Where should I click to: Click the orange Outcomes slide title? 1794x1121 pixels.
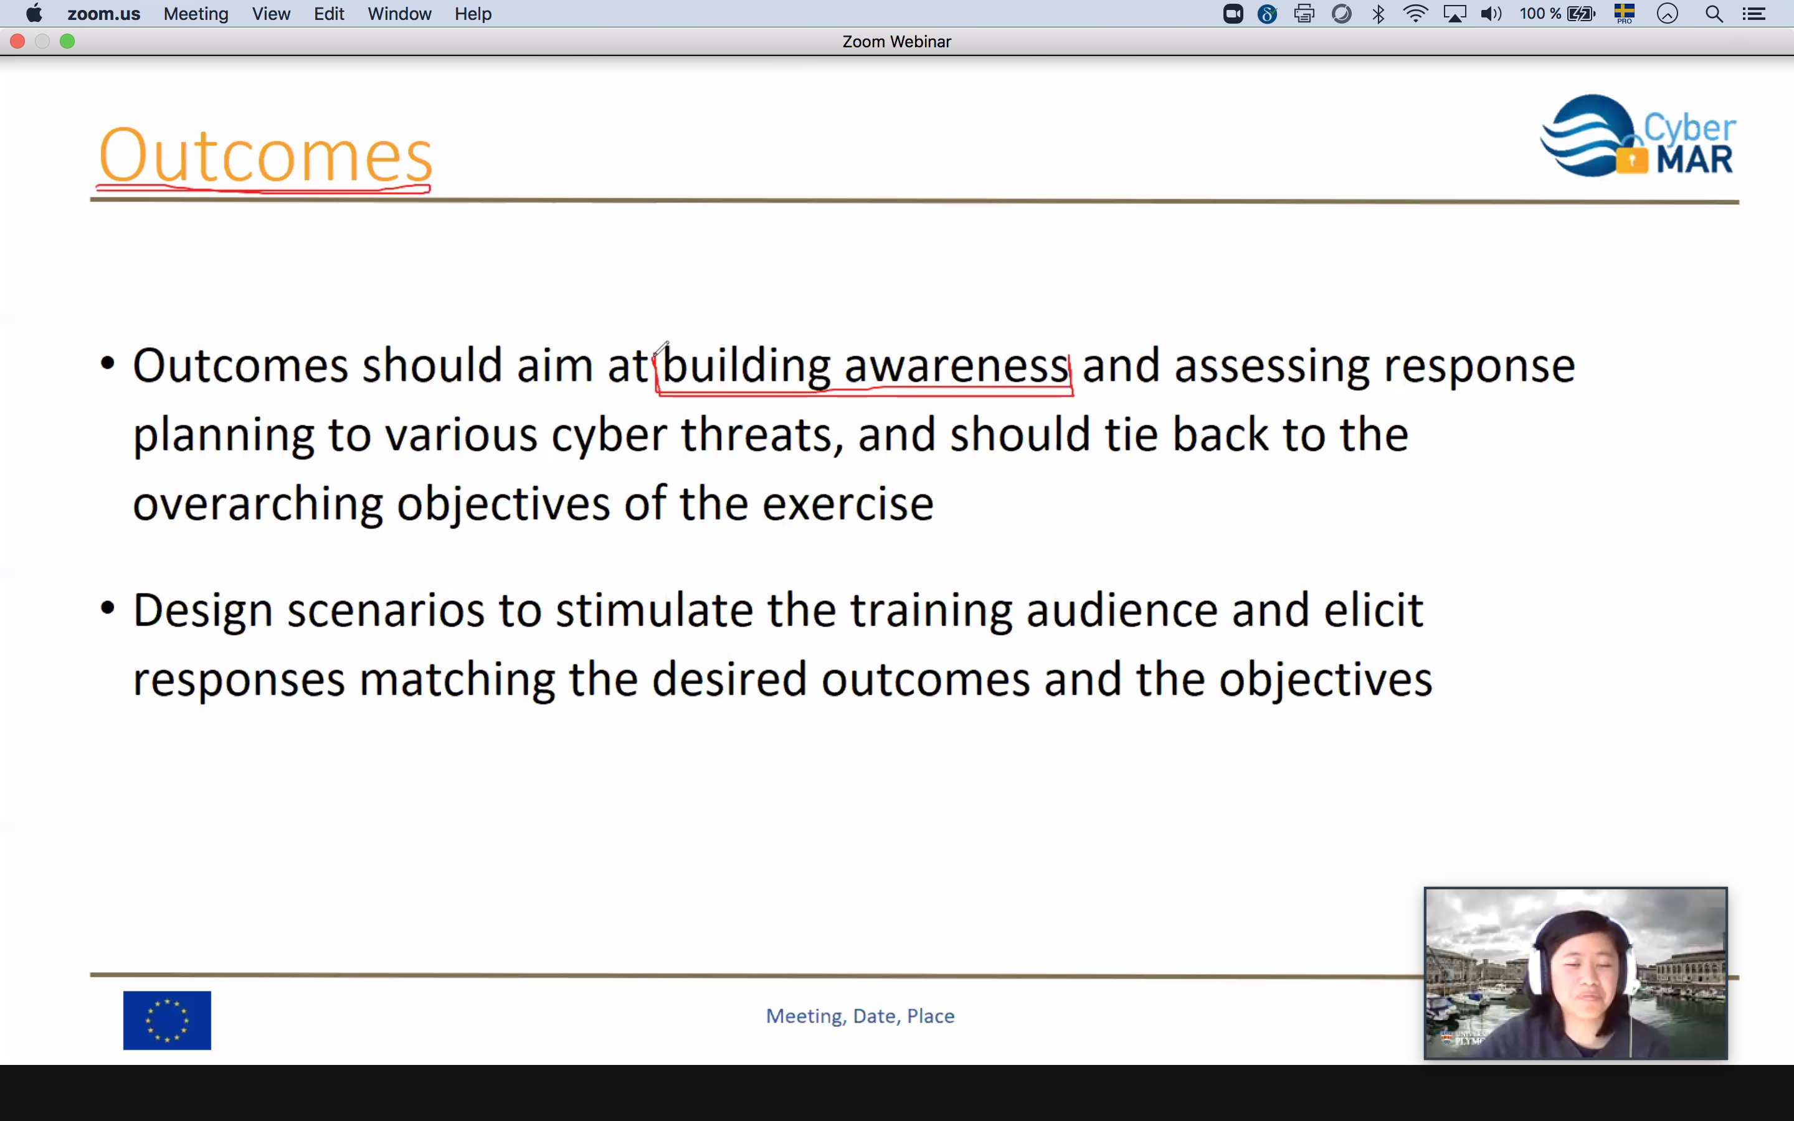(265, 155)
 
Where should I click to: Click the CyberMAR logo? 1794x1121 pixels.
(1638, 136)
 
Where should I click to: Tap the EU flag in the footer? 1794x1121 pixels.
(167, 1020)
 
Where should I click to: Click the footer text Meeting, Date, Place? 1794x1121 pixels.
(860, 1016)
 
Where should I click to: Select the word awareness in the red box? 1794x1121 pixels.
(956, 366)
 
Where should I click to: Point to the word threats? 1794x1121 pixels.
(762, 435)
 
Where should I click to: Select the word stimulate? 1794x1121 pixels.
(654, 610)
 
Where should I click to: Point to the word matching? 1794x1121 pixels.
(457, 681)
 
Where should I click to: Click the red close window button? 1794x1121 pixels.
(18, 42)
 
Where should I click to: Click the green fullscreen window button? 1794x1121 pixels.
(67, 42)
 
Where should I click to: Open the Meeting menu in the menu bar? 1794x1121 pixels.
(196, 14)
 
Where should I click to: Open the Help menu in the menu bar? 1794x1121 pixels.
(473, 14)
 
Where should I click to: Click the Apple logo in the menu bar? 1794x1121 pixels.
(34, 13)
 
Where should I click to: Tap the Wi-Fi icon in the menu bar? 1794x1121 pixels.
(1415, 13)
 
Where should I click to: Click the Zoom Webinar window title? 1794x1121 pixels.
(896, 42)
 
